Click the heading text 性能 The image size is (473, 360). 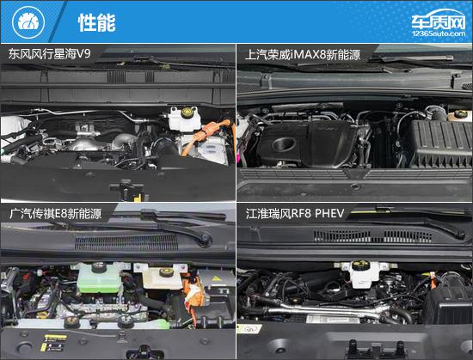(97, 22)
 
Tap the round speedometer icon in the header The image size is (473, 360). (28, 22)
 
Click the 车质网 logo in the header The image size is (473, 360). (439, 23)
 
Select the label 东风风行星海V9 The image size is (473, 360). (49, 54)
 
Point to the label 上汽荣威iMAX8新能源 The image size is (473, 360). (303, 55)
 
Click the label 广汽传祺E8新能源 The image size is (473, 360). (55, 214)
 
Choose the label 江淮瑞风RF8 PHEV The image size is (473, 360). (295, 214)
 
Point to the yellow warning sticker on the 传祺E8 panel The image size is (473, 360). (53, 343)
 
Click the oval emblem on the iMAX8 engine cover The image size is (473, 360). (284, 144)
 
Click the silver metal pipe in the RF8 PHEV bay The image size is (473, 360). (326, 311)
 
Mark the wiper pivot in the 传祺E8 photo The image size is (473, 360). (206, 238)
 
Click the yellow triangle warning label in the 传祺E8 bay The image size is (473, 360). (215, 278)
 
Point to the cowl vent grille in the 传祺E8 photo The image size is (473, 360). (126, 243)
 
